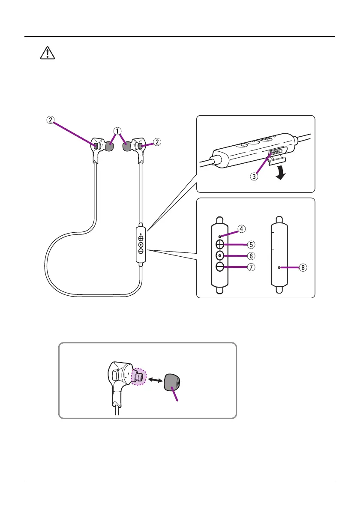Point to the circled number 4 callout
tap(242, 229)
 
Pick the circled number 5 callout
tap(251, 244)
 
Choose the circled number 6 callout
tap(251, 256)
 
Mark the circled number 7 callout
tap(251, 267)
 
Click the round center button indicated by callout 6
tap(220, 256)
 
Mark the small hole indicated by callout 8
tap(279, 267)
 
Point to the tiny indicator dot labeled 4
tap(219, 235)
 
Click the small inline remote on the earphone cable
tap(141, 244)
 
